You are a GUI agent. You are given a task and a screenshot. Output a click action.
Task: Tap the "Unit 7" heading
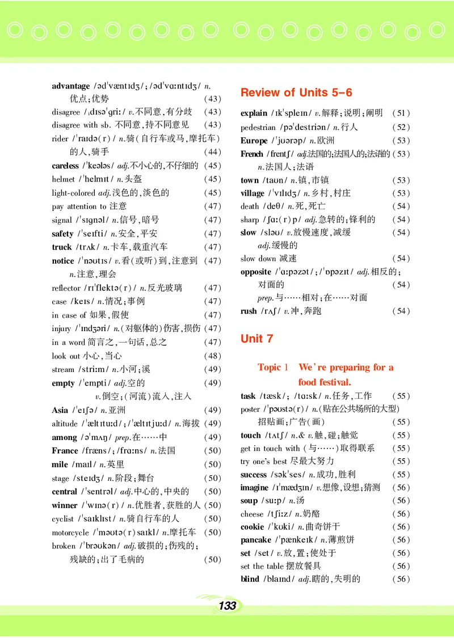tap(257, 339)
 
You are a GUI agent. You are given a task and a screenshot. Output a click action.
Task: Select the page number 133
tap(226, 606)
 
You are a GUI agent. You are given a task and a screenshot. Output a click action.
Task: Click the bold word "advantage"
tap(70, 86)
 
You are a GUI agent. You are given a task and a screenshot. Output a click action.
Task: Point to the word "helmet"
tap(63, 179)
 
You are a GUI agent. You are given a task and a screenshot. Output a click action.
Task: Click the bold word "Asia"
tap(60, 410)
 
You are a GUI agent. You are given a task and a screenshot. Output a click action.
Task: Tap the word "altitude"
tap(65, 424)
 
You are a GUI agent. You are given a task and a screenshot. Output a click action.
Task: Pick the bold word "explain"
tap(254, 113)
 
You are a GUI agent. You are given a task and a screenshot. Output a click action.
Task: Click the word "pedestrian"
tap(258, 128)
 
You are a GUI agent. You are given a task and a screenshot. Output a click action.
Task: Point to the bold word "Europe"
tap(254, 141)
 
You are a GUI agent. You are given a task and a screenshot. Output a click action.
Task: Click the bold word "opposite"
tap(256, 272)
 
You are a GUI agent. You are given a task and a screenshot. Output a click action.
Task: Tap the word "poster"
tap(250, 409)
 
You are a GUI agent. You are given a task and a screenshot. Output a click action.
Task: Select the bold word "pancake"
tap(256, 540)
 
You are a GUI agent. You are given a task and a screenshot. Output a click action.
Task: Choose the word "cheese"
tap(252, 514)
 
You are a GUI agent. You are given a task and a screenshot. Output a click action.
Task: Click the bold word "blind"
tap(250, 579)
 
